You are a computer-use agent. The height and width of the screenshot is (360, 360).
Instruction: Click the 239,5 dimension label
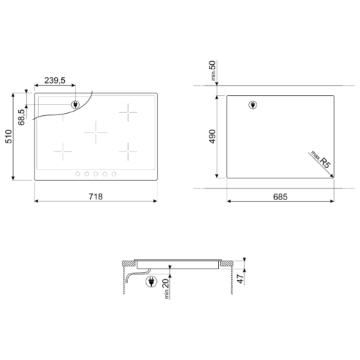[55, 81]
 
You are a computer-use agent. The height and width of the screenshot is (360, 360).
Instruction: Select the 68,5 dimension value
[22, 117]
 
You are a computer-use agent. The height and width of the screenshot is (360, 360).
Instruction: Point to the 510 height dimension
[9, 137]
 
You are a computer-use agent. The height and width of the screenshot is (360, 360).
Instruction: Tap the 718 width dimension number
[96, 197]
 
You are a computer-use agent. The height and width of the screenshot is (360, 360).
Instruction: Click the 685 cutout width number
[280, 197]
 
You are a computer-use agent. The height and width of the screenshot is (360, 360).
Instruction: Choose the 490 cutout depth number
[212, 137]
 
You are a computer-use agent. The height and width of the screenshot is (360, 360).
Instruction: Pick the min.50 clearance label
[212, 71]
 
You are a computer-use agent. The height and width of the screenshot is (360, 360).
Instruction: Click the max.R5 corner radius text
[321, 159]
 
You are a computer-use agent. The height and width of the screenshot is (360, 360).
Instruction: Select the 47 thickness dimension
[240, 279]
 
